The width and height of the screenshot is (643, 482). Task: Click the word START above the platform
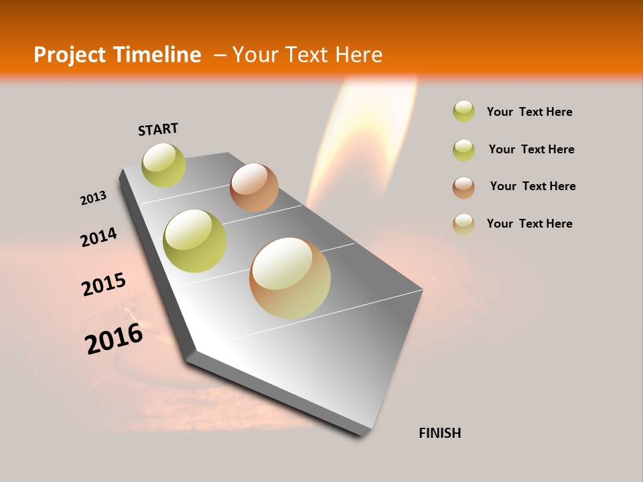(158, 129)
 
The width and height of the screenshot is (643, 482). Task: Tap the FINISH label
(439, 433)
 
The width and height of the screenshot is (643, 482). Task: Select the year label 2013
(93, 198)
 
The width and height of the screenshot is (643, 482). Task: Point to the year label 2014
(98, 237)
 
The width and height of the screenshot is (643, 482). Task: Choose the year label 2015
(104, 285)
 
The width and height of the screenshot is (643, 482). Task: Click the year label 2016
(114, 338)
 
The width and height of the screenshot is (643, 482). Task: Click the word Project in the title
(71, 55)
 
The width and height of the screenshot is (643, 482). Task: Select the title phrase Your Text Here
(307, 55)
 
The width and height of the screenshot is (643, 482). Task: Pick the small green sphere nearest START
(163, 165)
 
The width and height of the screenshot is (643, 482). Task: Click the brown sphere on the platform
(254, 187)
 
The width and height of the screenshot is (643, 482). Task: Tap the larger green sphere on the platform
(194, 240)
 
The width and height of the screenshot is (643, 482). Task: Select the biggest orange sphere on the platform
(290, 278)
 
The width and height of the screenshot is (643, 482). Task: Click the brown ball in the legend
(463, 187)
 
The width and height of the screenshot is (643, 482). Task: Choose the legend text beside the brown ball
(532, 186)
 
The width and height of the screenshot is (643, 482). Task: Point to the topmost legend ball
(463, 111)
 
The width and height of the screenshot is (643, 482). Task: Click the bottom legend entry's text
(529, 224)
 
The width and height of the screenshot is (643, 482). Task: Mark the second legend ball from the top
(463, 150)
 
